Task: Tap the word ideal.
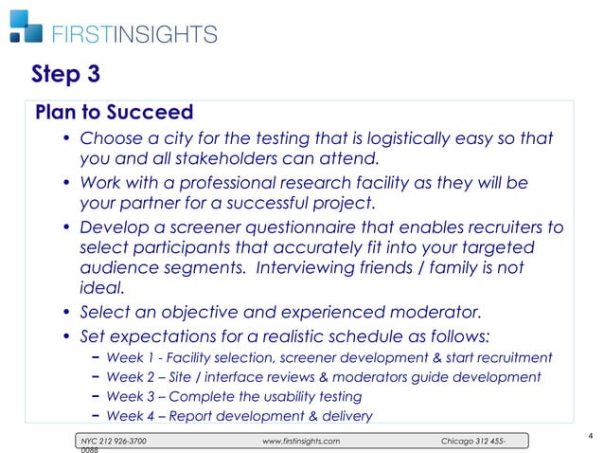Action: point(96,289)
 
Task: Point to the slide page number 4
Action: point(589,435)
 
